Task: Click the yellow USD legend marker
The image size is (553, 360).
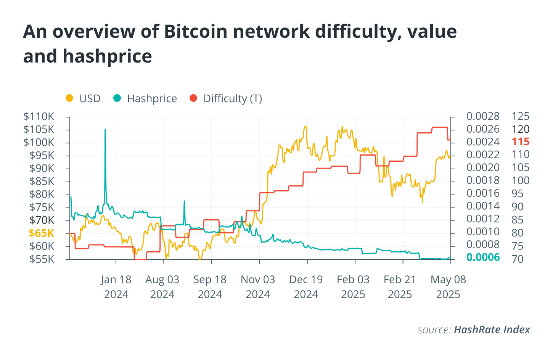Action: click(69, 98)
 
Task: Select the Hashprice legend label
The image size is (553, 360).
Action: click(152, 98)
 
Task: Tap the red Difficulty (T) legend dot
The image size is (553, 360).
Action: click(193, 98)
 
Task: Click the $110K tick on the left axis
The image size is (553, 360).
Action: click(39, 116)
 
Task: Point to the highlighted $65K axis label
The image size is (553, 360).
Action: click(41, 233)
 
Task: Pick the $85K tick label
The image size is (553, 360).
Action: click(42, 181)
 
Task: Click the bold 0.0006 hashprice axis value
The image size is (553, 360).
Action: click(483, 257)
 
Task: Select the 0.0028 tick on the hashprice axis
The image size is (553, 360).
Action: click(483, 116)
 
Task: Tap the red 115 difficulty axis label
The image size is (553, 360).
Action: click(521, 141)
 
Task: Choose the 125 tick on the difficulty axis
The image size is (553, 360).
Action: click(521, 116)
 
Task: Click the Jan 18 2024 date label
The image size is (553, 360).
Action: click(116, 287)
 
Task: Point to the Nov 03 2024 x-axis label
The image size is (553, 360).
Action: click(258, 287)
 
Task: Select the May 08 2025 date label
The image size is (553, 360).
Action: click(448, 287)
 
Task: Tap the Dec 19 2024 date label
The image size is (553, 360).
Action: click(306, 287)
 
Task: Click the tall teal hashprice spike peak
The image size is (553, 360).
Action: click(105, 130)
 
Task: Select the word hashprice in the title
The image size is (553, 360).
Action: click(107, 56)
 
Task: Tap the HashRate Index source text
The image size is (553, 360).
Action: click(492, 329)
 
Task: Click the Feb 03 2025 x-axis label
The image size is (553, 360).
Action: click(353, 287)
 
